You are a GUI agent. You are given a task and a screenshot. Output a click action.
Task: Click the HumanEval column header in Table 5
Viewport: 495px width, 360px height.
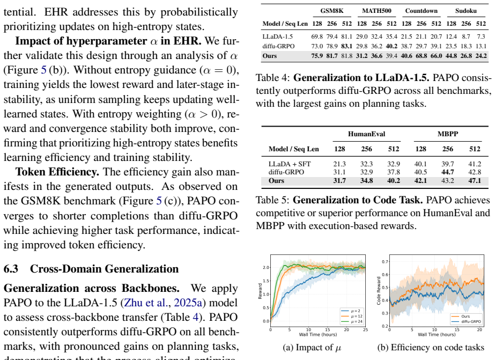tap(366, 134)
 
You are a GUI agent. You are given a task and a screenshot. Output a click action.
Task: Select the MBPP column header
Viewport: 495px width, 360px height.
tap(448, 134)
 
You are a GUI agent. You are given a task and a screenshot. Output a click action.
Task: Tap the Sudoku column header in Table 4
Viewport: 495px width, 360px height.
tap(466, 11)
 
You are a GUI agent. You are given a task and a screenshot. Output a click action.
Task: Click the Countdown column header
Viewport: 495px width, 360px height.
tap(422, 11)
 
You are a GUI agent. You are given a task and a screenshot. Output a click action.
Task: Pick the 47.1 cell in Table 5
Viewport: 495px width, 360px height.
tap(475, 181)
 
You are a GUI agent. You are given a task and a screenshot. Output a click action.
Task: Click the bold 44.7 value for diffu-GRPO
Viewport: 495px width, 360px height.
tap(448, 172)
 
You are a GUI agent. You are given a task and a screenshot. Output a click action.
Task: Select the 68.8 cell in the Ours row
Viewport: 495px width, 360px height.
tap(422, 56)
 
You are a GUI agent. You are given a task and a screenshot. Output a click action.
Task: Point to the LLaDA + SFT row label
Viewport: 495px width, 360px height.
tap(290, 164)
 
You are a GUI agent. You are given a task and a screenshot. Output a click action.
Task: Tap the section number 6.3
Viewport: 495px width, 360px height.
tap(11, 269)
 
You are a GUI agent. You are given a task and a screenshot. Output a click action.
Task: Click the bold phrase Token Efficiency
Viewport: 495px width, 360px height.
tap(57, 172)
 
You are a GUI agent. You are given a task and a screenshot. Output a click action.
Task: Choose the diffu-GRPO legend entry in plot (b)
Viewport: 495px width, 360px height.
tap(466, 321)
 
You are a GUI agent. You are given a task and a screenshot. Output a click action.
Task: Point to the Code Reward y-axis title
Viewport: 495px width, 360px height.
tap(379, 291)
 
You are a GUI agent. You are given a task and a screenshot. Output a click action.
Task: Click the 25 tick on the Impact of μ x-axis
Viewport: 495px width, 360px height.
tap(365, 329)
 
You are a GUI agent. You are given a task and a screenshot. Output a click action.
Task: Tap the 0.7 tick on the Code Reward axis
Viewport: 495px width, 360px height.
tap(385, 261)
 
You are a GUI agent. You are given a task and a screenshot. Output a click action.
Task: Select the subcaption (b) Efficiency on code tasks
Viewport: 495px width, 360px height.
tap(431, 347)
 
